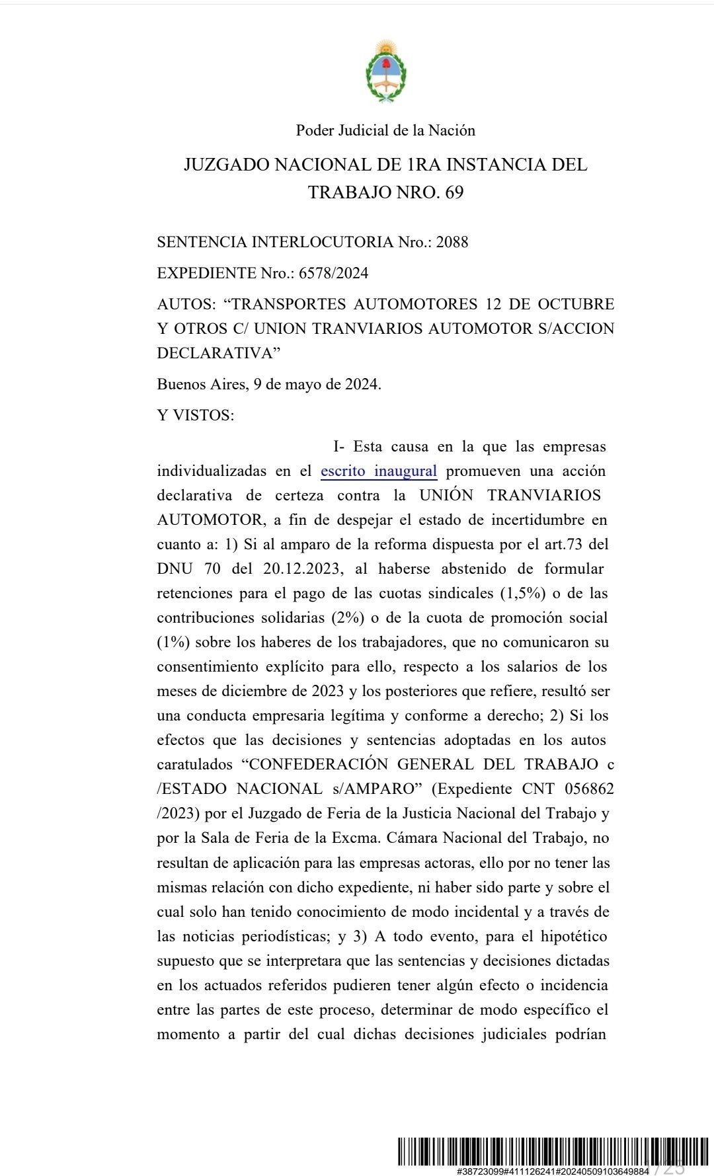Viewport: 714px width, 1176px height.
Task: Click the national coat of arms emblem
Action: click(x=385, y=71)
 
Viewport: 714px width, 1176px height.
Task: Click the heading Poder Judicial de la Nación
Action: click(x=385, y=130)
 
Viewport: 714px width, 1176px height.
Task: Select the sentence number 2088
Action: click(x=452, y=242)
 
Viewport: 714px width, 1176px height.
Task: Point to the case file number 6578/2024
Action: click(x=334, y=273)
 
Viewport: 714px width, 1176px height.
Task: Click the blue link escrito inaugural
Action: click(x=379, y=471)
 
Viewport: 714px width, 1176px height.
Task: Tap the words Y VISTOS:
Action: click(x=195, y=415)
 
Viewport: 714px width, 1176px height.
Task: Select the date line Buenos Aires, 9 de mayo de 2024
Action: click(x=269, y=384)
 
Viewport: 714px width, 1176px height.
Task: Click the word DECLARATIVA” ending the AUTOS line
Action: click(x=219, y=353)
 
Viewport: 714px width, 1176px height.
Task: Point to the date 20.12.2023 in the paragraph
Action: click(x=301, y=569)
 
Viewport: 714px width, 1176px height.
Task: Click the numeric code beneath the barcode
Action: click(x=552, y=1171)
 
